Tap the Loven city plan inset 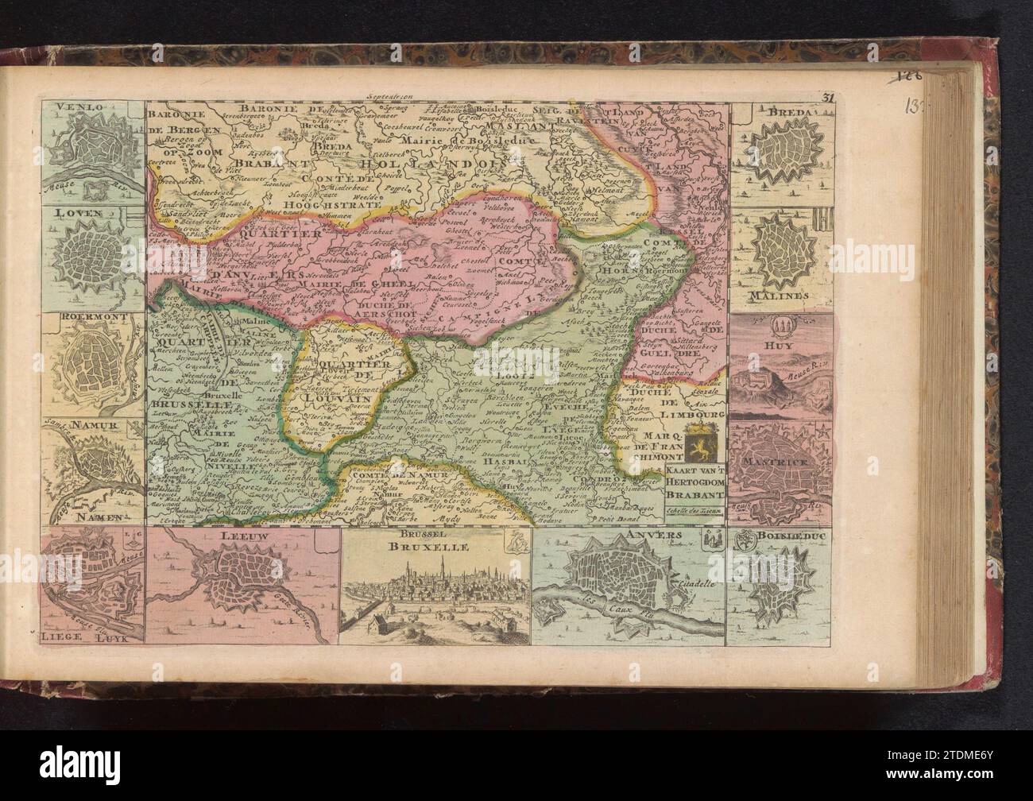click(x=94, y=253)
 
